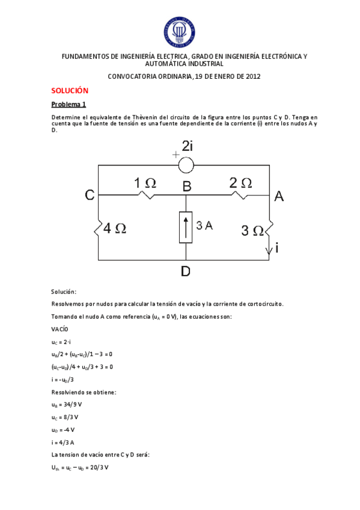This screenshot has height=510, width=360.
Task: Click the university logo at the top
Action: (180, 31)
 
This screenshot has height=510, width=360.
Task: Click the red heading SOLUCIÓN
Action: (70, 90)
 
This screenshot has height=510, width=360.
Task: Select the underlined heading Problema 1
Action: (69, 104)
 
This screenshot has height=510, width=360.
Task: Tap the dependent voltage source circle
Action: (186, 164)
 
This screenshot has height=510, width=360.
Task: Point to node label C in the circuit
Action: (90, 195)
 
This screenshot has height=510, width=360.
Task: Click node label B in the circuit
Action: (187, 187)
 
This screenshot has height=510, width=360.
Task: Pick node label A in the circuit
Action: (279, 195)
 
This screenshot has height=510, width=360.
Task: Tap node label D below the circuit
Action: (185, 271)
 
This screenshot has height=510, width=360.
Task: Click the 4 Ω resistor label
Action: (115, 229)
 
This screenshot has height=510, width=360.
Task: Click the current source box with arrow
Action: (186, 227)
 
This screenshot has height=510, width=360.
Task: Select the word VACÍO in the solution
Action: (60, 329)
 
